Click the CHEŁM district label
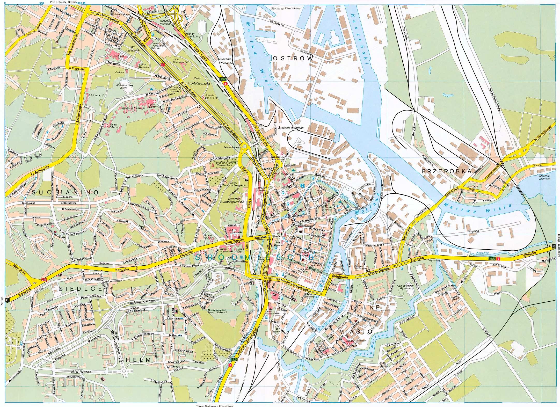click(135, 360)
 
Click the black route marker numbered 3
click(554, 246)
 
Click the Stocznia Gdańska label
click(291, 128)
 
